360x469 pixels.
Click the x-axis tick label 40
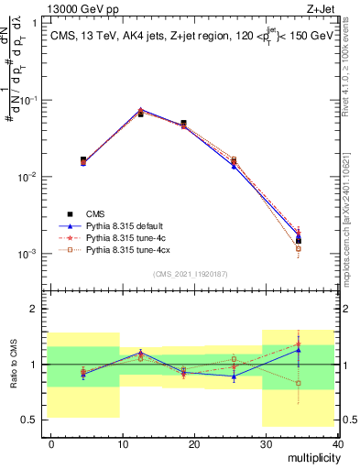point(336,443)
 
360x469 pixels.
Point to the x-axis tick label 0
point(51,443)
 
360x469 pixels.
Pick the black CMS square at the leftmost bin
point(83,160)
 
